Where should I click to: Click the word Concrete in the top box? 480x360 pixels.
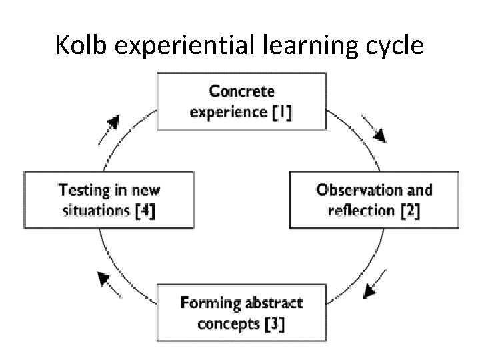pos(241,91)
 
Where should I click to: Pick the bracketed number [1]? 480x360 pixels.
pos(282,111)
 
